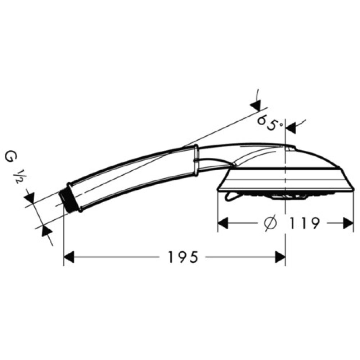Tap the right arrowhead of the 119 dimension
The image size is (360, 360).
coord(348,223)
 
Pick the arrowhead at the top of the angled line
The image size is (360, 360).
coord(256,105)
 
